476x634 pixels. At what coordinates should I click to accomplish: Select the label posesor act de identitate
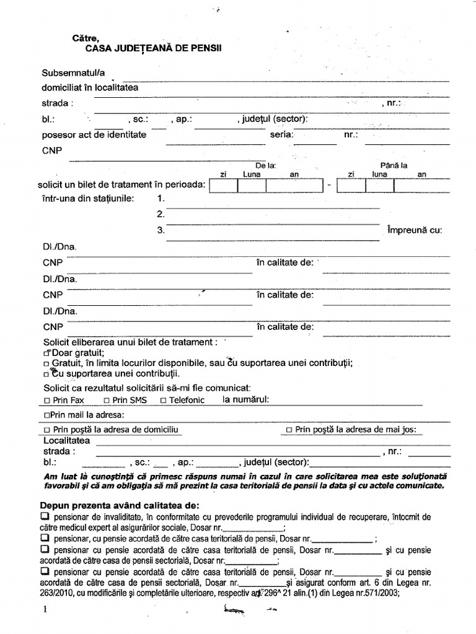(94, 134)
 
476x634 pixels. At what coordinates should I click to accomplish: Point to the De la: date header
(265, 165)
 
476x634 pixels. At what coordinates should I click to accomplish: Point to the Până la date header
(393, 165)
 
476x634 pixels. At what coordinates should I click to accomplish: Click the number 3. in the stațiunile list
(161, 230)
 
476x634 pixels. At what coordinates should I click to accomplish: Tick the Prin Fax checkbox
(47, 401)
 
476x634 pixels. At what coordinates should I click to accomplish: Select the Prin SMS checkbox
(107, 401)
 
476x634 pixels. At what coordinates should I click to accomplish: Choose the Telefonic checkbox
(163, 401)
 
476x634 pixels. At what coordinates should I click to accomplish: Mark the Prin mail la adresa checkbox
(47, 415)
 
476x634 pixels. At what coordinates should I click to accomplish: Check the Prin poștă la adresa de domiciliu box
(47, 430)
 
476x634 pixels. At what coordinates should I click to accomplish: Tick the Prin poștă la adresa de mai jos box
(289, 430)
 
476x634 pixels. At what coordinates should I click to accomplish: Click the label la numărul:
(246, 400)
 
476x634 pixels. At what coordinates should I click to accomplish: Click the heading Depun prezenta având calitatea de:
(121, 505)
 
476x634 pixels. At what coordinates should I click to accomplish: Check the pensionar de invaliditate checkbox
(45, 516)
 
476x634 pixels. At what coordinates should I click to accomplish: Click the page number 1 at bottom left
(45, 609)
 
